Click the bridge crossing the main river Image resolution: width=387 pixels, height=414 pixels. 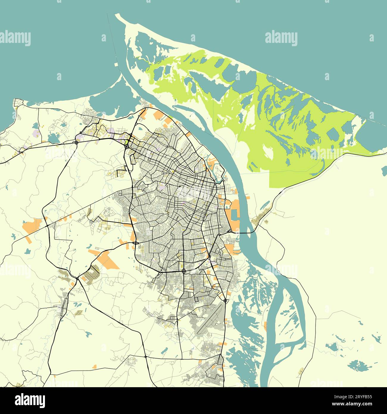[x=244, y=233]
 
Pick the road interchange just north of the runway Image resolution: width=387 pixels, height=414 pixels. [x=225, y=301]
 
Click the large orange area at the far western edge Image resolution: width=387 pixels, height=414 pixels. [x=33, y=226]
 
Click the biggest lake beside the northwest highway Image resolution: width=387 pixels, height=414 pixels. [x=54, y=137]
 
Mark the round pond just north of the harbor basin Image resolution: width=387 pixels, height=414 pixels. [x=228, y=204]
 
